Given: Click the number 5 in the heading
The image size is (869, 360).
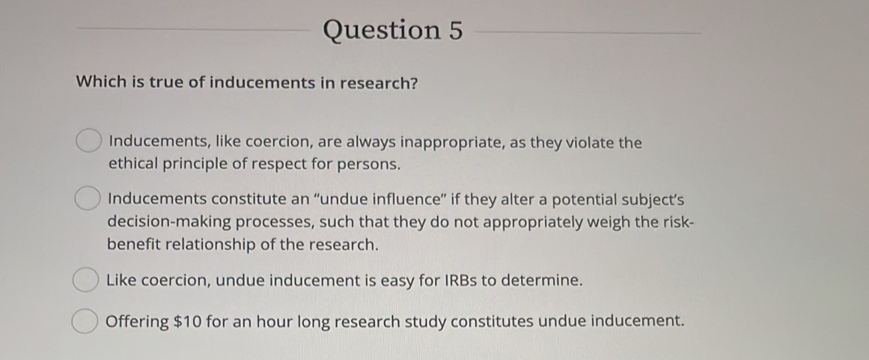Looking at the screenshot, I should click(454, 31).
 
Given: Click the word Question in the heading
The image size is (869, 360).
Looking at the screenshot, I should click(382, 31).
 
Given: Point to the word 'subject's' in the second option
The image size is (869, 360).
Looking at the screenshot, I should click(648, 200).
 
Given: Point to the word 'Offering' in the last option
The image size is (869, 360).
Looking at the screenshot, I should click(138, 322).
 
